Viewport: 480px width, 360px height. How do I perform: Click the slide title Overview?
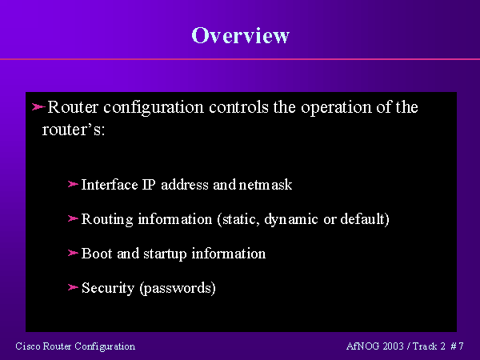(x=240, y=35)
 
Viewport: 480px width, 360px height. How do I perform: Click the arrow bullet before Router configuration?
(x=38, y=107)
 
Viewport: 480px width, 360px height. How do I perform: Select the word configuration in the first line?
(x=154, y=108)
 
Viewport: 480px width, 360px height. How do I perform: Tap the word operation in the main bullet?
(x=336, y=108)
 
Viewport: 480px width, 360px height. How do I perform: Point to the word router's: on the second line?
(x=74, y=130)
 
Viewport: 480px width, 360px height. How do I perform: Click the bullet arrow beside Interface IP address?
(x=73, y=184)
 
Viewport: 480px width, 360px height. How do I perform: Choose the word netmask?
(x=266, y=185)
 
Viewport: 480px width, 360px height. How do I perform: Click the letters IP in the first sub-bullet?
(x=149, y=185)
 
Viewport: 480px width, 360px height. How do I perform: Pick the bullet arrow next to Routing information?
(x=73, y=218)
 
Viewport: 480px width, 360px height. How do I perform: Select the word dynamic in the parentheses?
(x=291, y=220)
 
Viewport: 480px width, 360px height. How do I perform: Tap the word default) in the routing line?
(x=365, y=219)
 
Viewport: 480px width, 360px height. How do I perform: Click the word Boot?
(x=97, y=254)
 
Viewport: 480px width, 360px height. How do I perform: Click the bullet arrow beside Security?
(x=73, y=287)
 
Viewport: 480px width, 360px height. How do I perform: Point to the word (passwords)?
(x=178, y=288)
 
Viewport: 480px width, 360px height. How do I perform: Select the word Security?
(x=108, y=288)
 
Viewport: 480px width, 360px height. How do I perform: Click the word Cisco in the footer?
(x=28, y=346)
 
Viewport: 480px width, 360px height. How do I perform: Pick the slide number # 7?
(x=457, y=346)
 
